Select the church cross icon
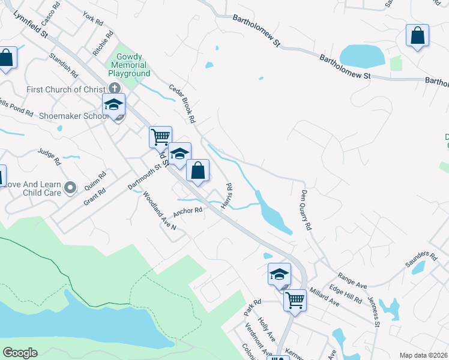coord(114,88)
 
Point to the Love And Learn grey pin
coord(70,188)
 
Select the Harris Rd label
coord(227,196)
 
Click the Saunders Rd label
coord(421,260)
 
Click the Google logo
coord(20,353)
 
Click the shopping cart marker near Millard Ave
coord(295,299)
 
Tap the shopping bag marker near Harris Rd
coord(197,170)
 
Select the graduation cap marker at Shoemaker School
coord(113,104)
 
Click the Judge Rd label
coord(50,157)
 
